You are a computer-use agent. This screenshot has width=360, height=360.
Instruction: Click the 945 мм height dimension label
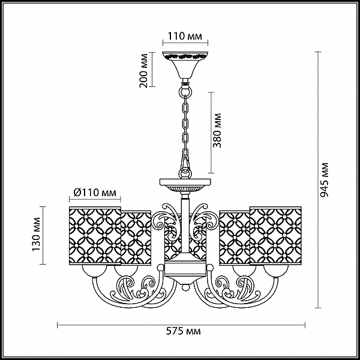tap(325, 180)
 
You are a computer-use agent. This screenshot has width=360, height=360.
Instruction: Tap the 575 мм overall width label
tap(183, 331)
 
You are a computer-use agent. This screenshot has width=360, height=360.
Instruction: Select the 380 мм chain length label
tap(217, 130)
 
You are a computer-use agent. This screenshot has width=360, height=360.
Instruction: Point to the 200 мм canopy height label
tap(144, 71)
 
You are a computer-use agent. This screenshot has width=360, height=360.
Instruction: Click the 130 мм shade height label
tap(36, 234)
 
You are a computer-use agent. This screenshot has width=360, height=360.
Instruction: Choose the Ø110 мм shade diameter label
tap(95, 193)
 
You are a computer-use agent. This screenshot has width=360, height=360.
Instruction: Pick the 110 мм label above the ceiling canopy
tap(185, 36)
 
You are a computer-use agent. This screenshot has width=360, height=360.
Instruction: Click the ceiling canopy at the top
tap(185, 65)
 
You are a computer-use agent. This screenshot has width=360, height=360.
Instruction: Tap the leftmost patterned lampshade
tap(95, 236)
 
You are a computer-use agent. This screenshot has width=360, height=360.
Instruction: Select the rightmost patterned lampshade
tap(275, 236)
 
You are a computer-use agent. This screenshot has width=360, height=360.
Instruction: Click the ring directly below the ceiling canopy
tap(185, 91)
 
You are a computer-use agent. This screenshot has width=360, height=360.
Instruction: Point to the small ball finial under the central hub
tap(185, 287)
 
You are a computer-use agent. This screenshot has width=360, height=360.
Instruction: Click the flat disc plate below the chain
tap(185, 182)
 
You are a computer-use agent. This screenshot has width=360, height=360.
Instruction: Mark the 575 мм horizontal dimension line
tap(181, 325)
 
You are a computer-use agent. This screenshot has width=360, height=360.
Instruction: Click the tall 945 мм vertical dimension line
tap(318, 180)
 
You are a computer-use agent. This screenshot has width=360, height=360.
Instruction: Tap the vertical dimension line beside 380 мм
tap(211, 133)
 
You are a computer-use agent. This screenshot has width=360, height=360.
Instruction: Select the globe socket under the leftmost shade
tap(95, 271)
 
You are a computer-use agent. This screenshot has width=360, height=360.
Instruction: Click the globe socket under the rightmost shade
tap(275, 271)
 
